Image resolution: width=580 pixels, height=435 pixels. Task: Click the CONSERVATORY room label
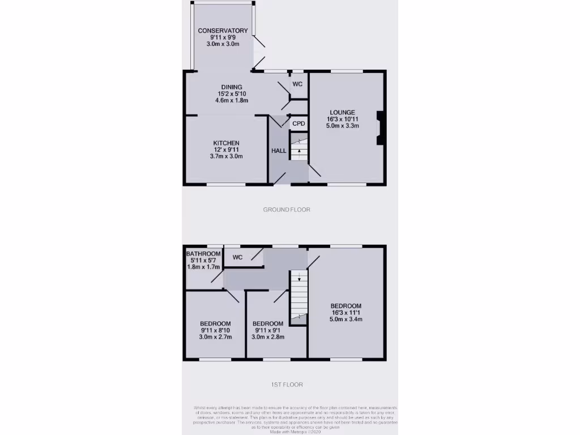click(223, 31)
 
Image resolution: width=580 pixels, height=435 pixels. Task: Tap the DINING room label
click(232, 87)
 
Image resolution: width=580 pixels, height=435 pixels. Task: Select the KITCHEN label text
click(226, 143)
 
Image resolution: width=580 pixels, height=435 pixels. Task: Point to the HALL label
click(279, 151)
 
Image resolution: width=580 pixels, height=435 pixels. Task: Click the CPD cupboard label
click(298, 123)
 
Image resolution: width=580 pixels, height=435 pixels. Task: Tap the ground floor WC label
click(297, 84)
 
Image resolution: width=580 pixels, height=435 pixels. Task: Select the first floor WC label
click(237, 257)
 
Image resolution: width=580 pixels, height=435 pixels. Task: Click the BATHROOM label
click(203, 253)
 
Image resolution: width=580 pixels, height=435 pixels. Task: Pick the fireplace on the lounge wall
click(380, 126)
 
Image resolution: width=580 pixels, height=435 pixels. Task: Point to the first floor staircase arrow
click(299, 278)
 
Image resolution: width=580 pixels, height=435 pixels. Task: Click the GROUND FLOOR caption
click(287, 210)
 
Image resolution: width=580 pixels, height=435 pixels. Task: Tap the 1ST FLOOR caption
click(287, 385)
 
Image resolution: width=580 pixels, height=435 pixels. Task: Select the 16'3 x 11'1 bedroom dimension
click(346, 312)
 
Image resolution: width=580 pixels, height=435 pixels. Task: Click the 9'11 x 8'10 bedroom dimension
click(215, 330)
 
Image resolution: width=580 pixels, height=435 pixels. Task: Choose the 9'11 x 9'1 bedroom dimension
click(267, 330)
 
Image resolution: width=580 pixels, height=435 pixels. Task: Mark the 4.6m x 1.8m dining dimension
click(232, 100)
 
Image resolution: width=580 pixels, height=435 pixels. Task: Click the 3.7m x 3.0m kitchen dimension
click(226, 156)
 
